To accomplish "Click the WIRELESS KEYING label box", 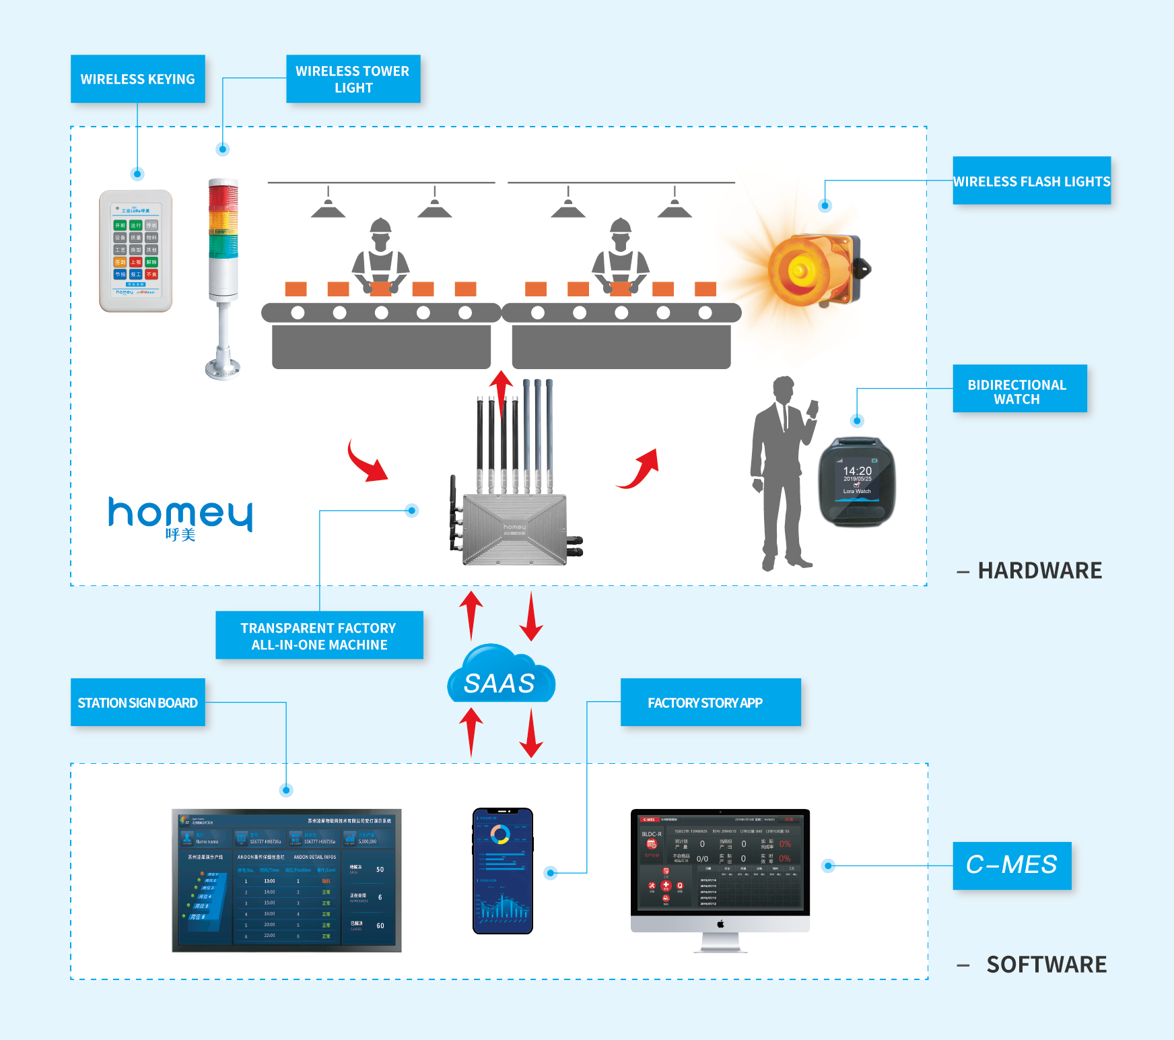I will (x=138, y=79).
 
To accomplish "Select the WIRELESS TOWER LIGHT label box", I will (x=353, y=79).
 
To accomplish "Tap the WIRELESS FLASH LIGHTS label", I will (x=1031, y=181).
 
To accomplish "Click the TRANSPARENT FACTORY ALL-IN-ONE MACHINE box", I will (x=319, y=635).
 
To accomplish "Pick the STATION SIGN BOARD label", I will (x=138, y=703).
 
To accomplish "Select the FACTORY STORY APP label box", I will (x=710, y=703).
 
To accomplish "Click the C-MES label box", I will (x=1012, y=866).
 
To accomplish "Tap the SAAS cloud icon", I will (x=501, y=676).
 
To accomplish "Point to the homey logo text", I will (x=180, y=515).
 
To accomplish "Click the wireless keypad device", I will (x=136, y=251).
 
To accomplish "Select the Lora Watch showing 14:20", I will (x=857, y=481).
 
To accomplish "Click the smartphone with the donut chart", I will (x=503, y=871).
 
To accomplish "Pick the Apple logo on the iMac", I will (x=720, y=924).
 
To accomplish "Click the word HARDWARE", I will (x=1039, y=571).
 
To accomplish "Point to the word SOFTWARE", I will (x=1046, y=965).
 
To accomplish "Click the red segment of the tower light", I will (x=223, y=197).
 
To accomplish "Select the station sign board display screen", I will (x=287, y=880).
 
